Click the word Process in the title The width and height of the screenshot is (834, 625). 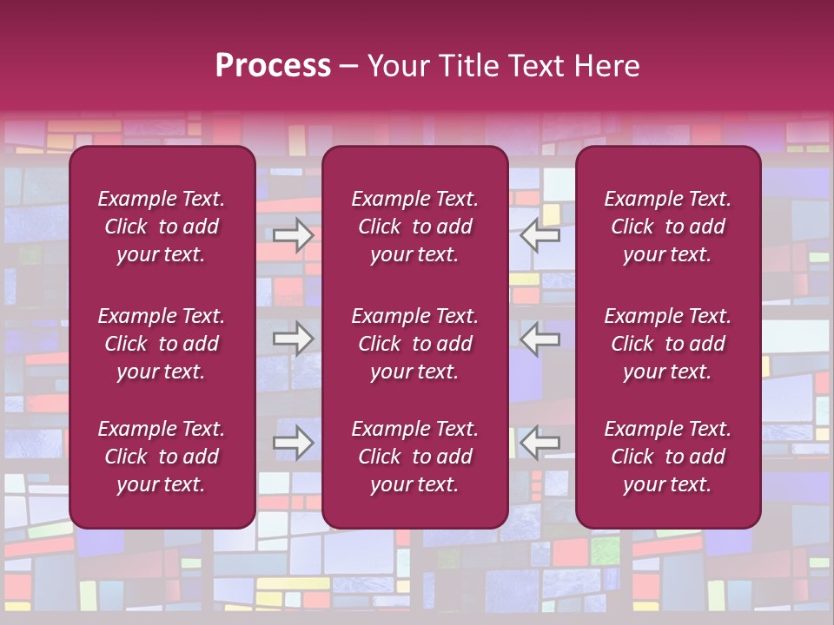click(x=273, y=66)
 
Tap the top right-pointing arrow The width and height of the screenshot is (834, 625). click(x=293, y=235)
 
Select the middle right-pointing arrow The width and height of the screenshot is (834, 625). click(x=293, y=339)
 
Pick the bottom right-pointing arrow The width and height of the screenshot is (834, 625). click(x=293, y=443)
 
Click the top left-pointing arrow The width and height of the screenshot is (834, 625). click(x=540, y=235)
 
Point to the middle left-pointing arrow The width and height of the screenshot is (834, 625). click(x=540, y=339)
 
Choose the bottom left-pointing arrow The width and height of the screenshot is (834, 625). click(x=540, y=443)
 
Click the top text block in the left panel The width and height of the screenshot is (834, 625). click(x=162, y=227)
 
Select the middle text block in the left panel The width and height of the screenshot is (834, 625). click(x=162, y=344)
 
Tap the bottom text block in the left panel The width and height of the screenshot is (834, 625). click(x=162, y=457)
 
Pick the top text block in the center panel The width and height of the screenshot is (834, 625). click(x=414, y=227)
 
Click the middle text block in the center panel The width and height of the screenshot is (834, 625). click(x=414, y=344)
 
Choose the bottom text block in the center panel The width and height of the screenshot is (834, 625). click(x=414, y=457)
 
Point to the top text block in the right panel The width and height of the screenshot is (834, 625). click(x=667, y=227)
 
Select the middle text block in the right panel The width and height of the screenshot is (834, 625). click(x=667, y=344)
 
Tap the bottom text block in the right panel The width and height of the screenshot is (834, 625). click(x=667, y=457)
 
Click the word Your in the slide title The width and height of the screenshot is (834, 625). click(x=396, y=66)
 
